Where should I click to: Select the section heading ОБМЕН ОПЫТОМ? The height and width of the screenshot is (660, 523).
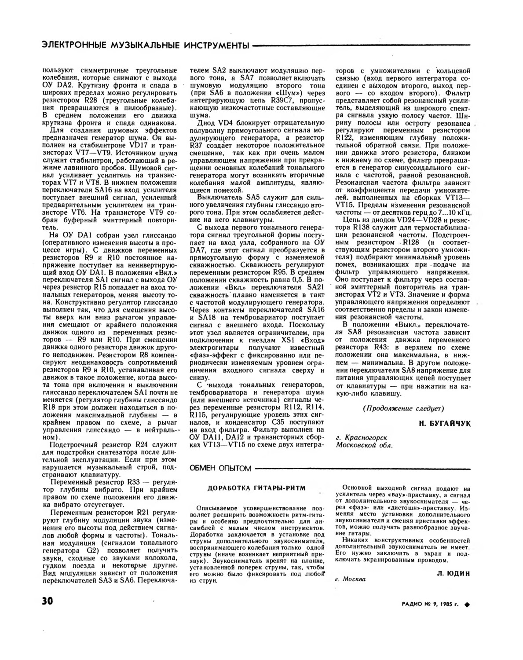(220, 468)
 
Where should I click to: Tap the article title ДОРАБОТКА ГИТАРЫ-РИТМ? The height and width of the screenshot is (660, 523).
(256, 488)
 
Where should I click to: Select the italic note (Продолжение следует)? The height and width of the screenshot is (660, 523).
(403, 408)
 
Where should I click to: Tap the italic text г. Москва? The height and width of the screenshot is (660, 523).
(350, 579)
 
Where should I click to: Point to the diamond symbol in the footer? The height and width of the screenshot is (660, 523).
(467, 605)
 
